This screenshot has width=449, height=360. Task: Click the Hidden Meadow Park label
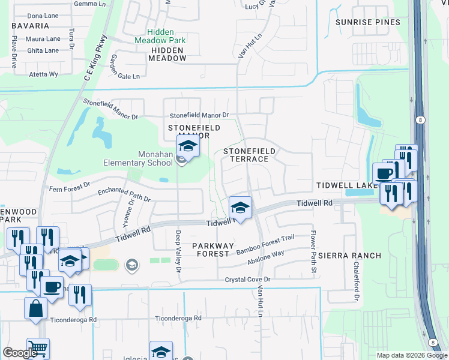[x=166, y=36]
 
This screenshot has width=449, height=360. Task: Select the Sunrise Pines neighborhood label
[x=367, y=22]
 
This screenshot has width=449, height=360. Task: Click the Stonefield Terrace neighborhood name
[x=246, y=155]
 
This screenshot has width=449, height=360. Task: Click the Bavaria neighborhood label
[x=29, y=26]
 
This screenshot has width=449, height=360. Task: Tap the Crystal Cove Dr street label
[x=248, y=280]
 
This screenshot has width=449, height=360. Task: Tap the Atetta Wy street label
[x=44, y=74]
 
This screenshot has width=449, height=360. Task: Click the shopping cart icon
[x=38, y=348]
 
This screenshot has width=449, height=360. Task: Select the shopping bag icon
[x=35, y=308]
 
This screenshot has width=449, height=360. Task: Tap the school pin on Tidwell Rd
[x=240, y=208]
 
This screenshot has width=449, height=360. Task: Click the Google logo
[x=20, y=353]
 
